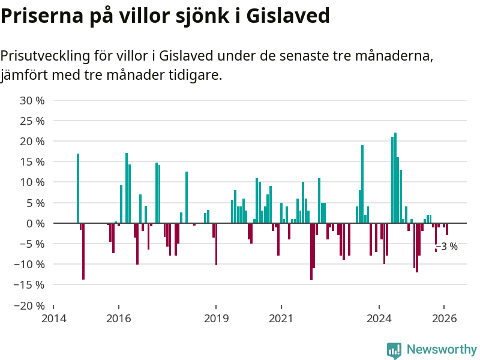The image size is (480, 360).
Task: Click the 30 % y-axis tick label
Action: [x=32, y=100]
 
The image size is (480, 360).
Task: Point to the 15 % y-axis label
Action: [x=32, y=162]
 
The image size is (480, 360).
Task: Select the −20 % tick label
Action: [x=29, y=305]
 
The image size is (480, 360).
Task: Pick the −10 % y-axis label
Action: [x=29, y=265]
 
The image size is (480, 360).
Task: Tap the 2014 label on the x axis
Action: [x=53, y=319]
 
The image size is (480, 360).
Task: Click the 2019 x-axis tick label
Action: [x=216, y=319]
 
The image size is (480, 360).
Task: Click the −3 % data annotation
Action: [x=447, y=247]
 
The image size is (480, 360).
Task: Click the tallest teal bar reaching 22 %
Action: [x=395, y=178]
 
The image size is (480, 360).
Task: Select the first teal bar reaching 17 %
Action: [x=78, y=188]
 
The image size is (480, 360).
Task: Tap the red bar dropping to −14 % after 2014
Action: [x=83, y=251]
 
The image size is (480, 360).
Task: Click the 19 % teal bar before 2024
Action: [x=362, y=184]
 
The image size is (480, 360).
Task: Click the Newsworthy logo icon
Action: [x=394, y=350]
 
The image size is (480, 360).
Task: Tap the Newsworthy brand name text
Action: [x=442, y=349]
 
